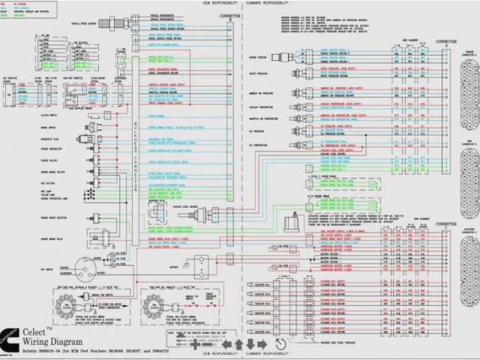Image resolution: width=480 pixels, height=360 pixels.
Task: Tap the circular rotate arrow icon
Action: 280,323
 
